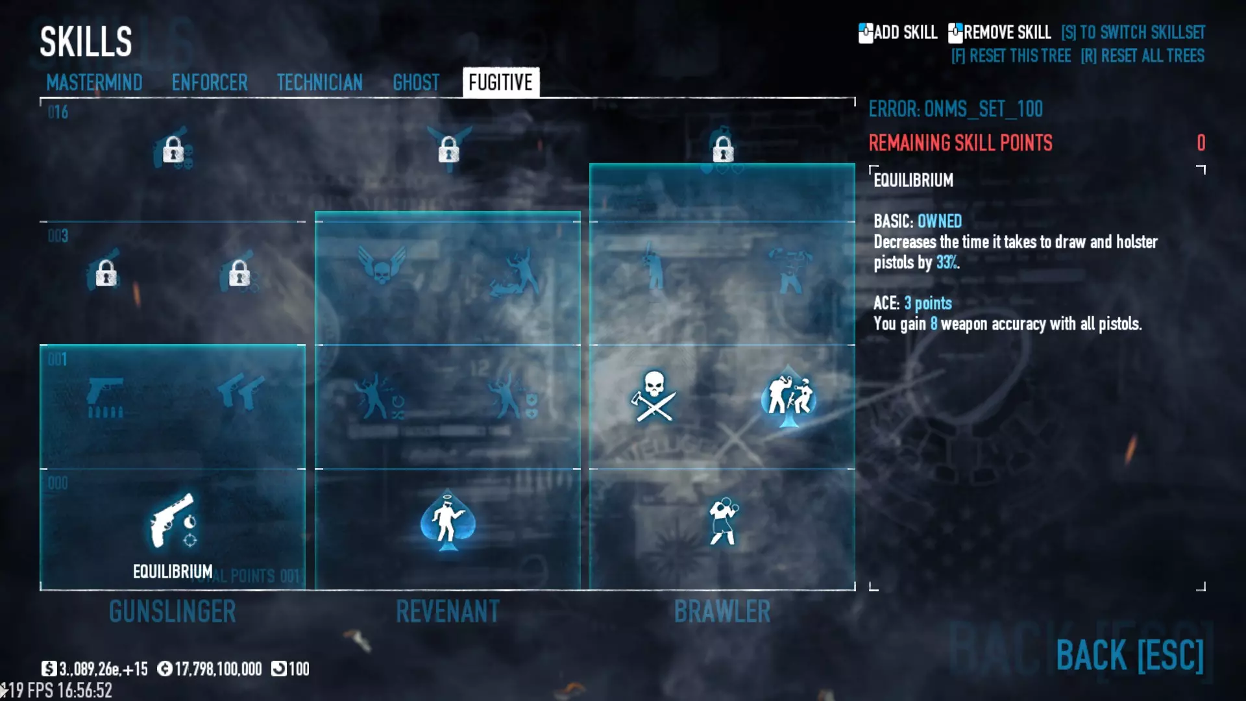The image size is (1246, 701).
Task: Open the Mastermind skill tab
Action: pyautogui.click(x=94, y=83)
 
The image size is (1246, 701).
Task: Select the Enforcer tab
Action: pyautogui.click(x=210, y=83)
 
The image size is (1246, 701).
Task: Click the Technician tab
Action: pyautogui.click(x=319, y=83)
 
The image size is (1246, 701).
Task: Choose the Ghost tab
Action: pyautogui.click(x=416, y=83)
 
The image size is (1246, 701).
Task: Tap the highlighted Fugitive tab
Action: pyautogui.click(x=500, y=83)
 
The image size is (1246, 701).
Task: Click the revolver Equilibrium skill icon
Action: pyautogui.click(x=173, y=521)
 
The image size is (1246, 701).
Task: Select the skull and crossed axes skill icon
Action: pyautogui.click(x=654, y=396)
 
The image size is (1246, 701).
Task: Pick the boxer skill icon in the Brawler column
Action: pyautogui.click(x=722, y=521)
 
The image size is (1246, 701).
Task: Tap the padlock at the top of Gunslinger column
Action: pyautogui.click(x=173, y=150)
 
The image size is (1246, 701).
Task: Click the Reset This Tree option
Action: pyautogui.click(x=1010, y=56)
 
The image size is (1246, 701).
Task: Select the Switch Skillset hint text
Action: pyautogui.click(x=1132, y=32)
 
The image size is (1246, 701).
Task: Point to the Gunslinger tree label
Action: pyautogui.click(x=173, y=611)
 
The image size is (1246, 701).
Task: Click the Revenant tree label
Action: pyautogui.click(x=448, y=611)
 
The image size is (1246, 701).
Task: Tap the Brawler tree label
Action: pyautogui.click(x=722, y=611)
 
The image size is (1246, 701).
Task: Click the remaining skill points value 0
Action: pyautogui.click(x=1201, y=143)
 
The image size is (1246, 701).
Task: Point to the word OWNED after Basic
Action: pyautogui.click(x=940, y=221)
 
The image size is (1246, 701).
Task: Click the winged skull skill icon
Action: pyautogui.click(x=382, y=265)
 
